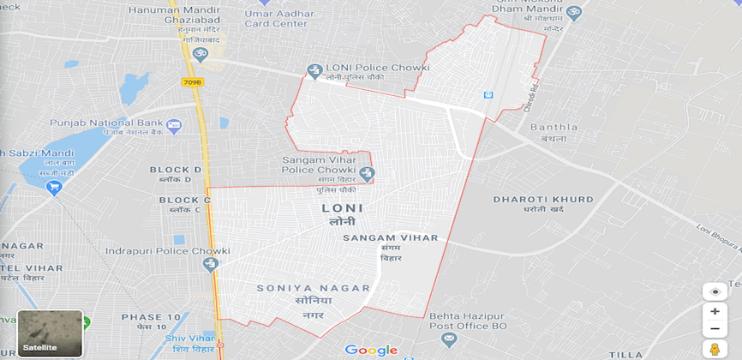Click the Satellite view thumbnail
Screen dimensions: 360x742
pos(50,333)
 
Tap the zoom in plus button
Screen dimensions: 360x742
pos(715,311)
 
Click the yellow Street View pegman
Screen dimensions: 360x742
pos(714,349)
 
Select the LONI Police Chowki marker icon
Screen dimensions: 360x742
pos(314,70)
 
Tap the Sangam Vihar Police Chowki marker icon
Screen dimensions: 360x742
pos(368,174)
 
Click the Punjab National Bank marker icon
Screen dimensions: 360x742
pos(174,126)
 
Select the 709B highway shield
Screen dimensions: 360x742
pos(192,82)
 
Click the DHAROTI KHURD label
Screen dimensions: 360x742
pos(543,200)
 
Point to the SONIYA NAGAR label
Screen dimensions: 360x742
pos(313,288)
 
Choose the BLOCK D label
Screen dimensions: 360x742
pos(176,170)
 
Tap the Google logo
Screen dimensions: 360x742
pos(371,350)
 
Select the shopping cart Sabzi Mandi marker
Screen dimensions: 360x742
pos(56,187)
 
